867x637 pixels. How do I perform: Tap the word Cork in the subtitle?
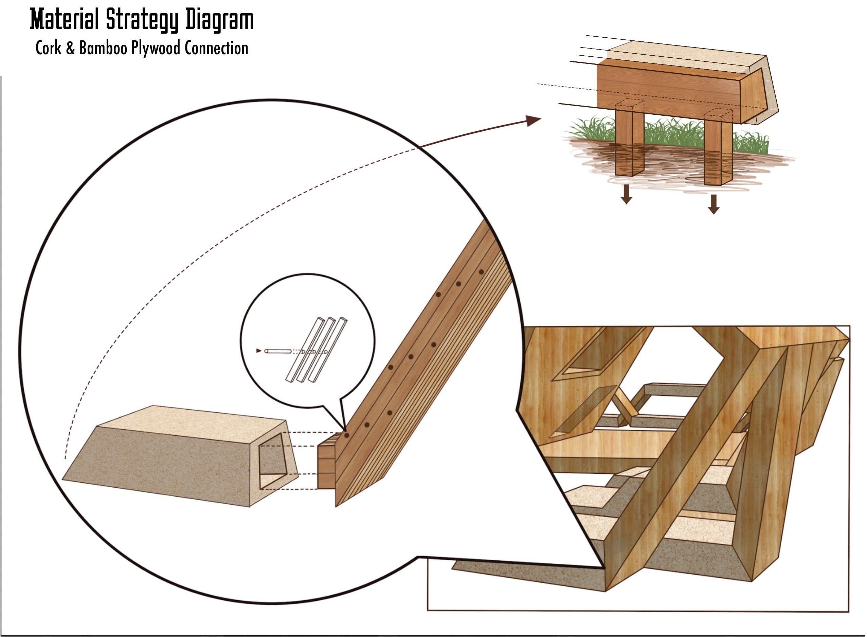coord(48,48)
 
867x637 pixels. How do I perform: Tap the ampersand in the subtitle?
coord(70,48)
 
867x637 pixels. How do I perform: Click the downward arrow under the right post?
coord(714,204)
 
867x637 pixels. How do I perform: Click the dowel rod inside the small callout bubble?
coord(277,351)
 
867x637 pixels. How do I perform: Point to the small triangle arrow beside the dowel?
coord(258,351)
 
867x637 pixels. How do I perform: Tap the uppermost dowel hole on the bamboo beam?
coord(481,272)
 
